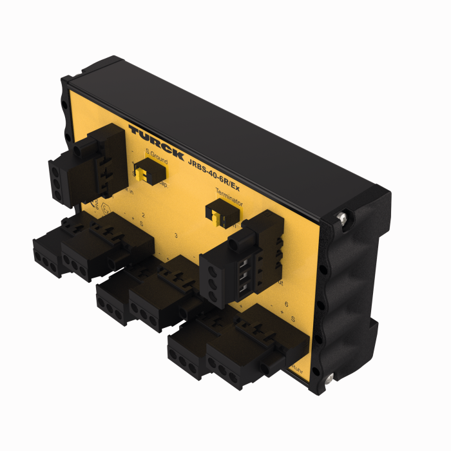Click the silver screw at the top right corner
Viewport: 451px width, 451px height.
(342, 219)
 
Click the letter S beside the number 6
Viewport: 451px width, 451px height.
(293, 318)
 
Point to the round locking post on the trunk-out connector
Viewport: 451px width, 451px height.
(235, 242)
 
